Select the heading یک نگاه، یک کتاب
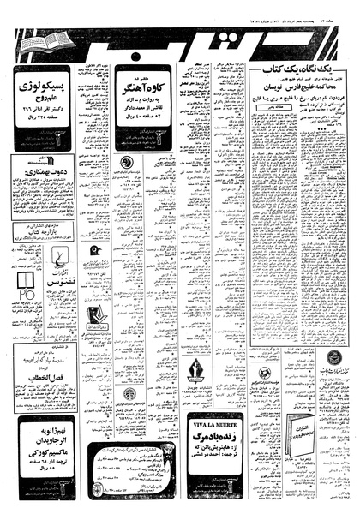299,77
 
